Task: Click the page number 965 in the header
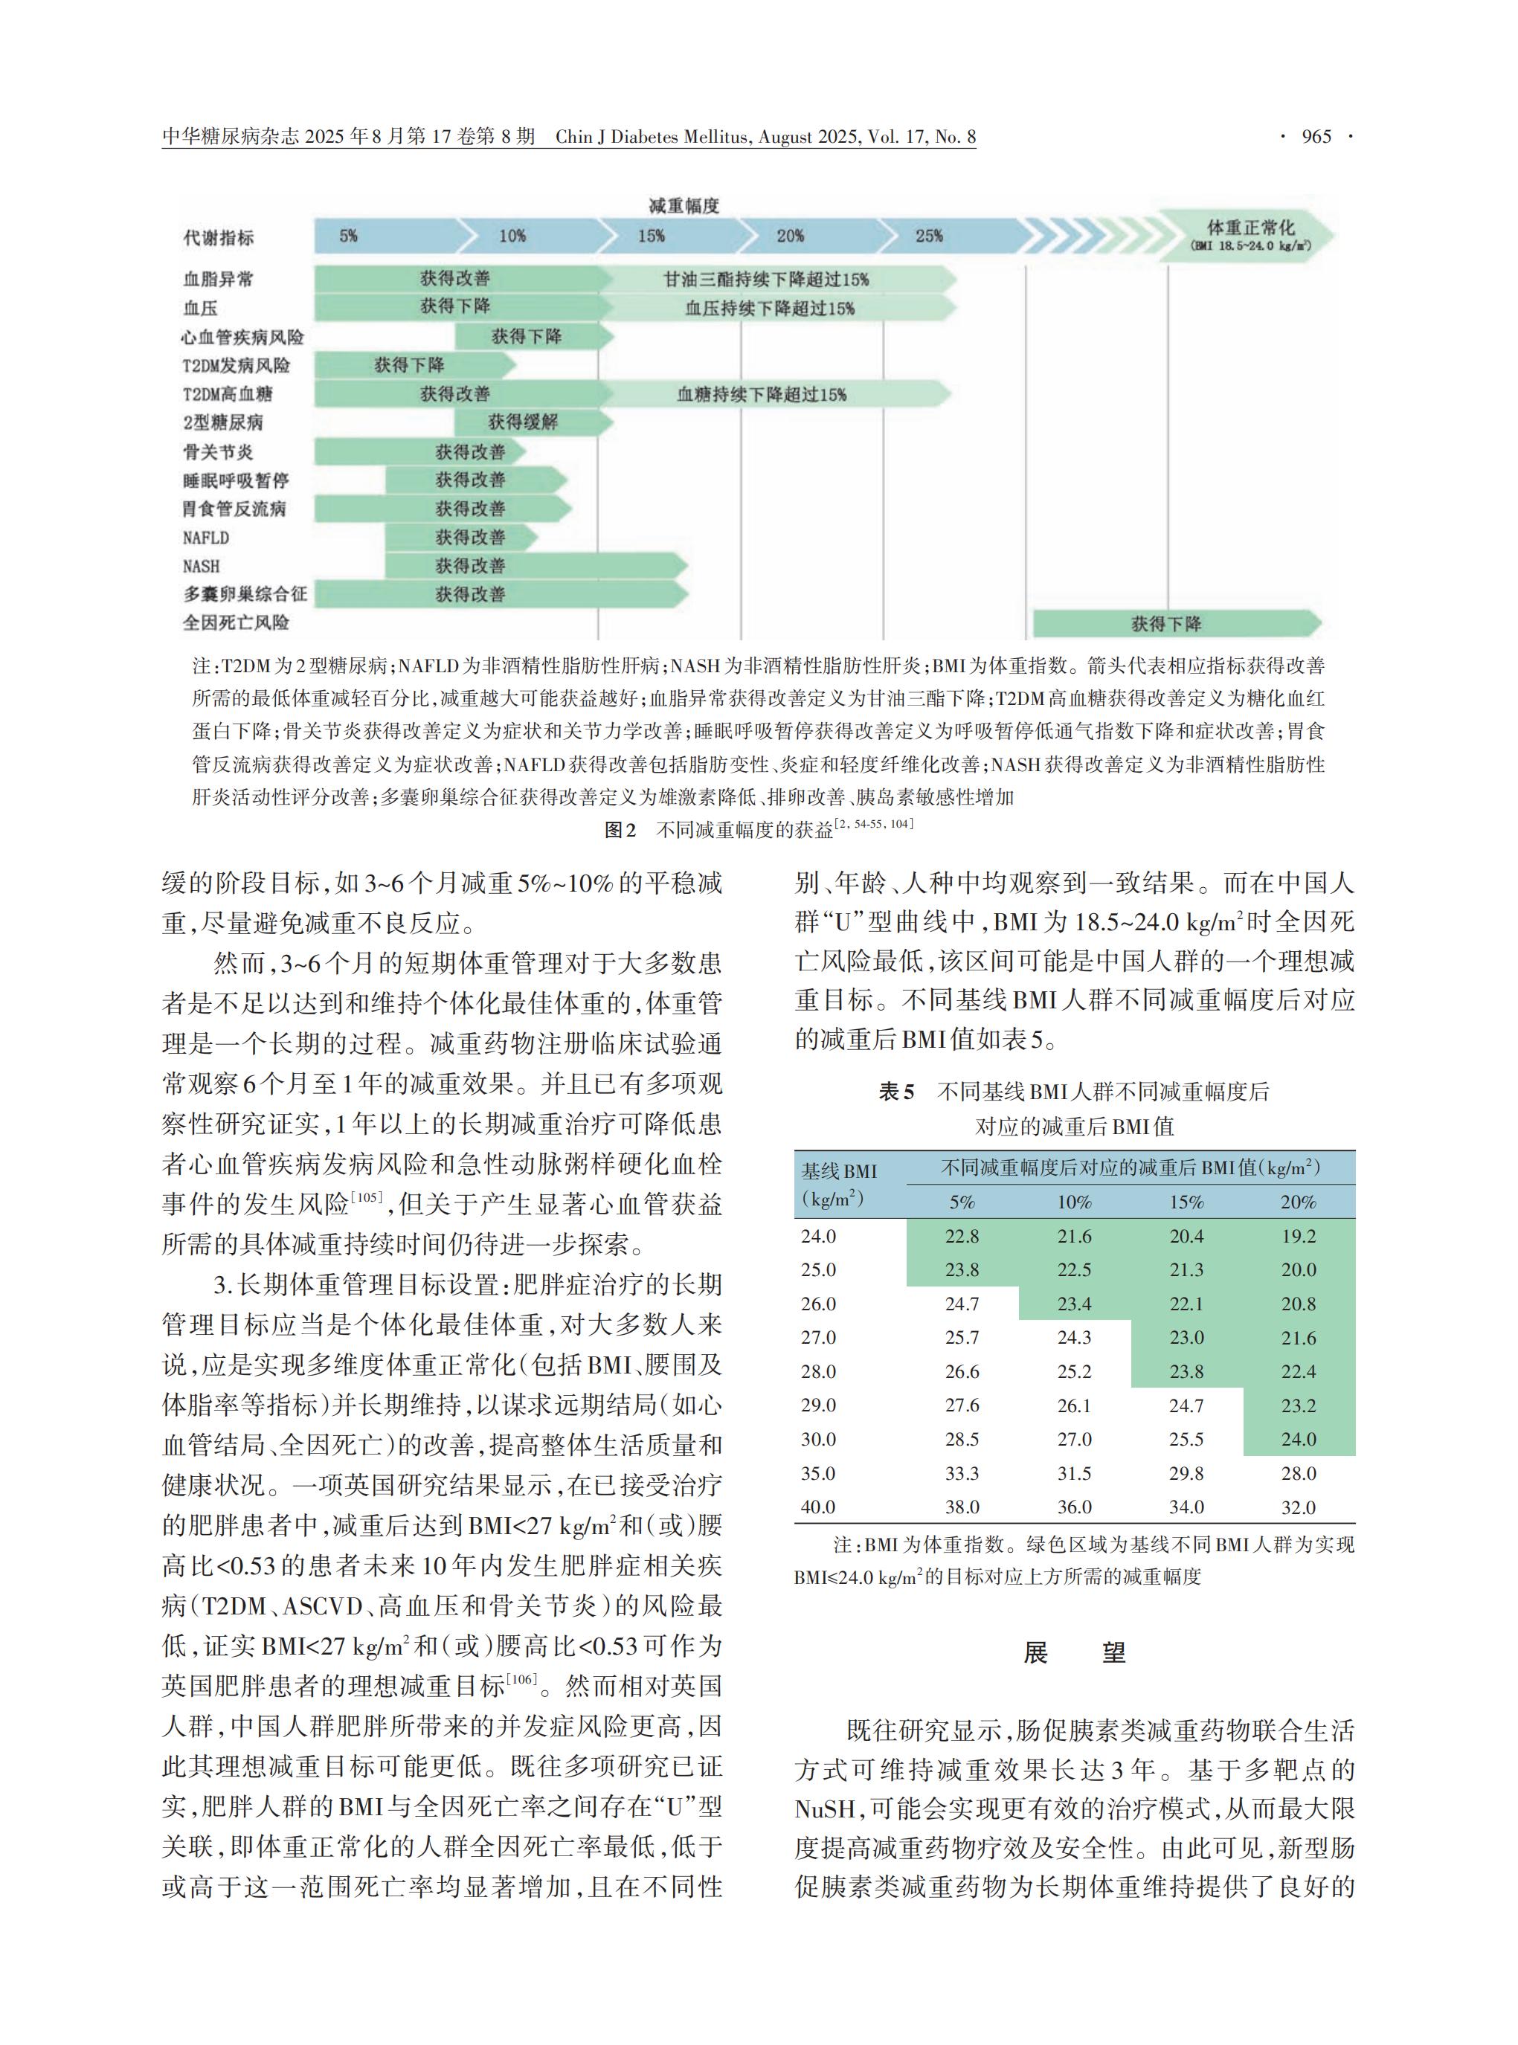1316,137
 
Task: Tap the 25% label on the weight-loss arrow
928,236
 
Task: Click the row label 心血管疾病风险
242,336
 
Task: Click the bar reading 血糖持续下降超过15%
762,394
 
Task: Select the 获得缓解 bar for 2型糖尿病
522,422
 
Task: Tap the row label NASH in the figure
202,566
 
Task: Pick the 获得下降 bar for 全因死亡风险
1166,624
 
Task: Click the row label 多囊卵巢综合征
245,594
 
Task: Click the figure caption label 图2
620,831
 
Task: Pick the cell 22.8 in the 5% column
962,1237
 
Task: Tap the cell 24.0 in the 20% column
1299,1440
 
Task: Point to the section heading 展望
1074,1652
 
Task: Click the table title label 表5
897,1092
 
